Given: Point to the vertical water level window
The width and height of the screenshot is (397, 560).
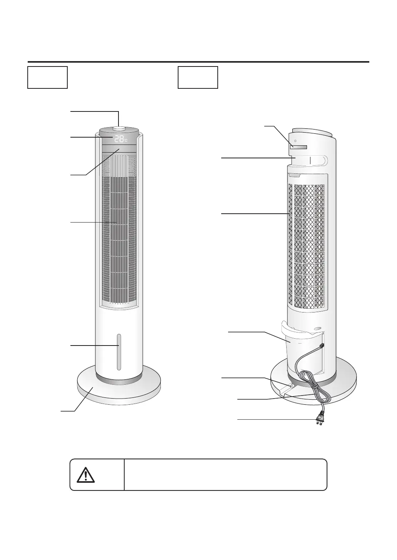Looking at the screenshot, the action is coord(119,352).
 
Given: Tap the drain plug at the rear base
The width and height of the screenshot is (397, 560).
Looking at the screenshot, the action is coord(291,385).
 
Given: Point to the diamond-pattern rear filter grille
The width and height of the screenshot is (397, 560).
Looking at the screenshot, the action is coord(307,246).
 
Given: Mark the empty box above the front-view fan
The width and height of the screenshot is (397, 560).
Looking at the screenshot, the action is coord(48,77).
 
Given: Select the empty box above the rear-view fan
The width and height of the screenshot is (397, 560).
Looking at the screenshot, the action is coord(198,77).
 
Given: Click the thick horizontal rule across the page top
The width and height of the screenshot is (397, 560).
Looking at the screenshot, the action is coord(198,61).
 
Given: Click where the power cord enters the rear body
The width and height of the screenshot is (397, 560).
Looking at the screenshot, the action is coord(321,346).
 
